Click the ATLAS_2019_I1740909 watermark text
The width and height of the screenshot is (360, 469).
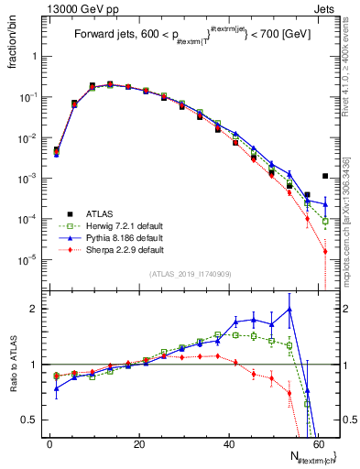point(189,274)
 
